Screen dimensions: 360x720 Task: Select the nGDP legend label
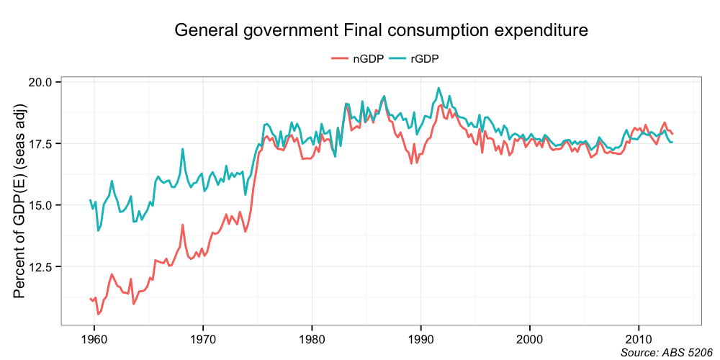(368, 59)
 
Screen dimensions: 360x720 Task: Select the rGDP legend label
(425, 59)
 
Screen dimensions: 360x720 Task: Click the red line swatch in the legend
(340, 59)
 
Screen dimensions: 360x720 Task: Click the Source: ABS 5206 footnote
(661, 352)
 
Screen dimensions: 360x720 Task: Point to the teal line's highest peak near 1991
(438, 88)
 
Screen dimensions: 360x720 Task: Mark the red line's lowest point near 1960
(99, 314)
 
